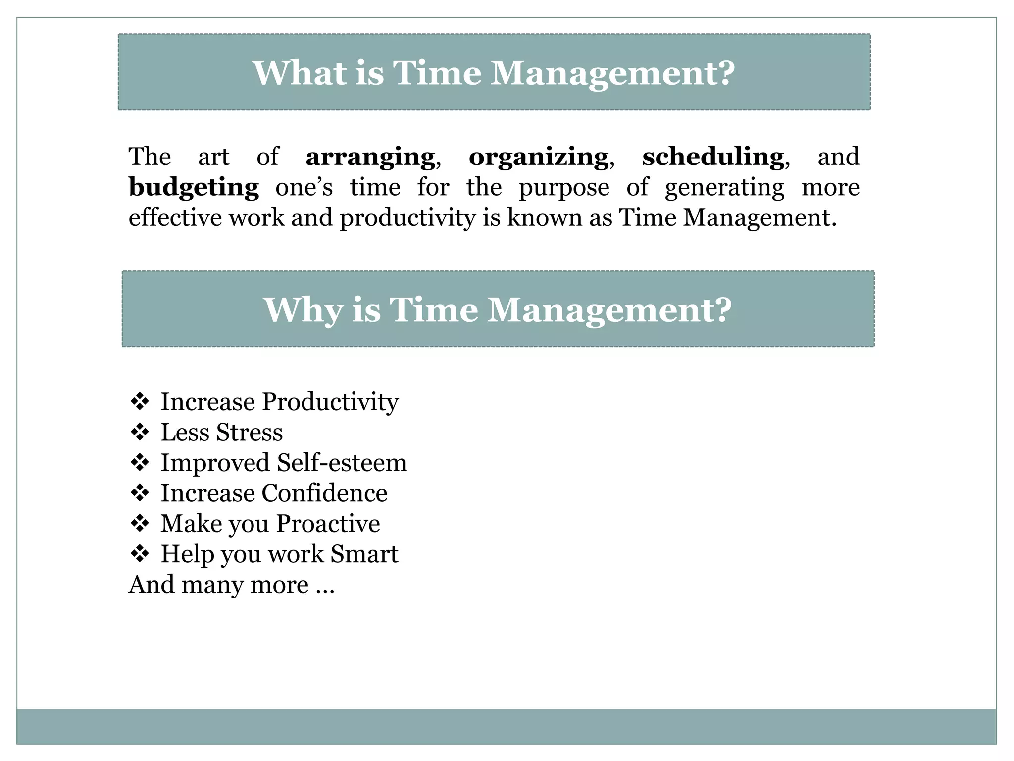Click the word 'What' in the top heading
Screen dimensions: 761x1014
pos(300,73)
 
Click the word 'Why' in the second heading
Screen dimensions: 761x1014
pos(303,310)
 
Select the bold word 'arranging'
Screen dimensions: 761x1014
pos(370,157)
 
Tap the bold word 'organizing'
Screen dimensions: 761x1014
pos(538,157)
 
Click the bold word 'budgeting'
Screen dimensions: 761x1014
pos(194,188)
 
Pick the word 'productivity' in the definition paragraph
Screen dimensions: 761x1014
pos(407,218)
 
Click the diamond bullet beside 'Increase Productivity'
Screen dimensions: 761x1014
pos(140,401)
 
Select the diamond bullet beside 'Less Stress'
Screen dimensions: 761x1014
pos(140,432)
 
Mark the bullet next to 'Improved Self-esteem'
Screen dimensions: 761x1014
pos(140,463)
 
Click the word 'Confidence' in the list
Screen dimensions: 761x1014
pos(324,493)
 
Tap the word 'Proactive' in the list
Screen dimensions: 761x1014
pos(328,524)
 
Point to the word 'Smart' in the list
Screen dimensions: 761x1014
pos(364,554)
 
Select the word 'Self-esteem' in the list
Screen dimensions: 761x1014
pos(342,463)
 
